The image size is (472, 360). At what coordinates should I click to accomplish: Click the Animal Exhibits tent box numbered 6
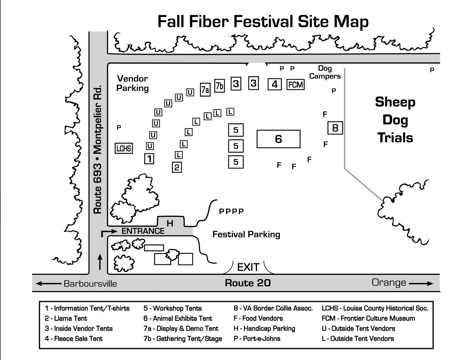click(278, 139)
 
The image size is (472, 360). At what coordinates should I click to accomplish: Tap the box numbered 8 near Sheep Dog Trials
click(335, 128)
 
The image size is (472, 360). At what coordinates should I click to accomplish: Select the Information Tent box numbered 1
click(149, 159)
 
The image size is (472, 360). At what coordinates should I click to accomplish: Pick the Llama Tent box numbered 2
click(177, 167)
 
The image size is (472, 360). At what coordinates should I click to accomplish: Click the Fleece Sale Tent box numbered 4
click(275, 84)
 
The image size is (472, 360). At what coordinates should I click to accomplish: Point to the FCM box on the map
click(296, 85)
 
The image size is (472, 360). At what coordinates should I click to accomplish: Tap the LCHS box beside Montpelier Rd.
click(124, 148)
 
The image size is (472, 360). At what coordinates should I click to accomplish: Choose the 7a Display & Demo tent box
click(205, 90)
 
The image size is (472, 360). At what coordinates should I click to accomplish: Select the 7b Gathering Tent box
click(219, 86)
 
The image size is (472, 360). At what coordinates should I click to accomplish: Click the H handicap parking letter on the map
click(170, 224)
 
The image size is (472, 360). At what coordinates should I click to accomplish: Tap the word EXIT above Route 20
click(248, 267)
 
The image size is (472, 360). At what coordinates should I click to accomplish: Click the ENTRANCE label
click(143, 231)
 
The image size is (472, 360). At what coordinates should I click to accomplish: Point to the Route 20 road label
click(248, 283)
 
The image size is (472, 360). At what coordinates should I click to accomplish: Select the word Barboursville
click(90, 284)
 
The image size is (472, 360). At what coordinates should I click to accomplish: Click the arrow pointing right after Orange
click(421, 283)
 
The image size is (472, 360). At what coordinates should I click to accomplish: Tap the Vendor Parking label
click(133, 83)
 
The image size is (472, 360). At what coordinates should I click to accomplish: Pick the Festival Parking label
click(246, 235)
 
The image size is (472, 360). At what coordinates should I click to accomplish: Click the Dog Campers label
click(325, 72)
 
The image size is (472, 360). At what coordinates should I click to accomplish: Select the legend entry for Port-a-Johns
click(257, 338)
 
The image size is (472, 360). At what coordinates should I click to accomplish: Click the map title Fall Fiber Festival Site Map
click(263, 22)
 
